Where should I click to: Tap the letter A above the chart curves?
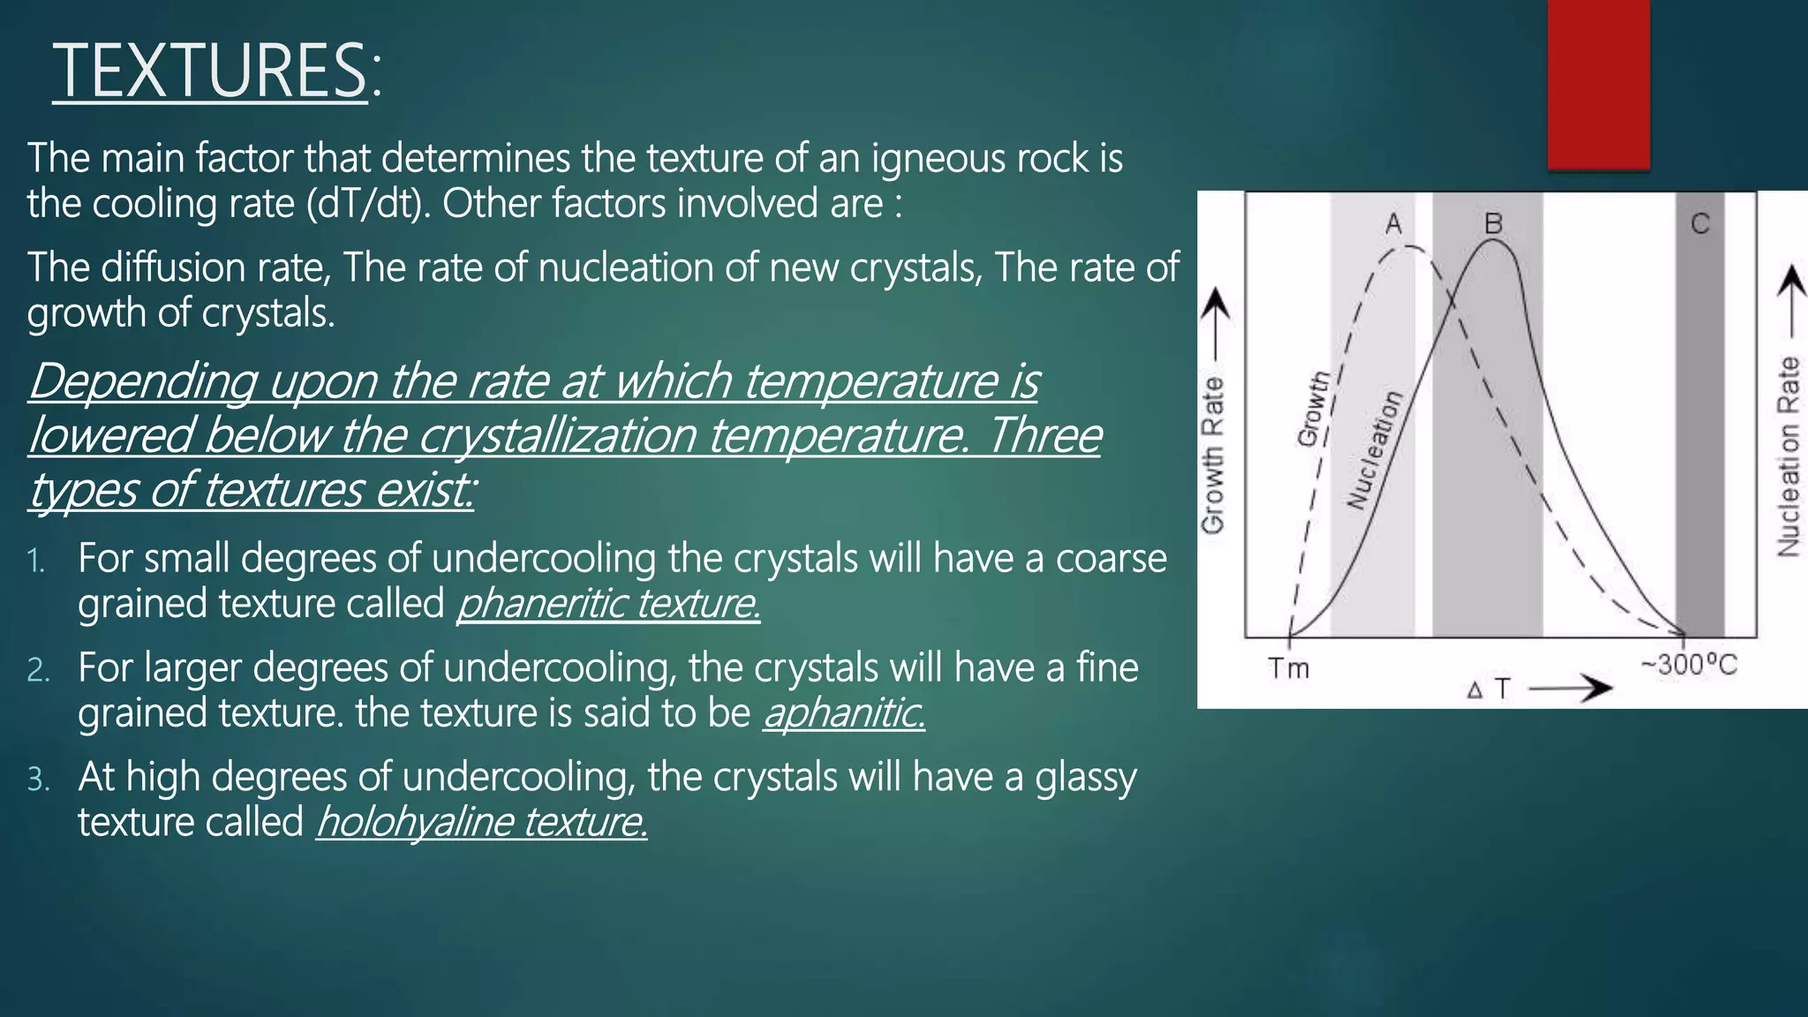(1394, 224)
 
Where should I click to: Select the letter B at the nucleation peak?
(1493, 224)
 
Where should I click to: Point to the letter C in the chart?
(1700, 224)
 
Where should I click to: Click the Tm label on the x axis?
(1289, 668)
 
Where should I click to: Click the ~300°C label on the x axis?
(1688, 665)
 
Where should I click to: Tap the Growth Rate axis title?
(1214, 455)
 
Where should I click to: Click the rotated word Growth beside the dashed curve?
(1314, 409)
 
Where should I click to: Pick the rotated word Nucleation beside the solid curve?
(1374, 450)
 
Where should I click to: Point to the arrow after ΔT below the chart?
(1570, 689)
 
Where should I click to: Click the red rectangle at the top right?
(1598, 84)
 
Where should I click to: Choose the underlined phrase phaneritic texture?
(608, 604)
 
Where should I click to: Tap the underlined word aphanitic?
(844, 713)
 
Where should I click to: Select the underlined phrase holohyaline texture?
(482, 822)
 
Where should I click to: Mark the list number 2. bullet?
(38, 670)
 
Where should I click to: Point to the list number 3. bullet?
(38, 780)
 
